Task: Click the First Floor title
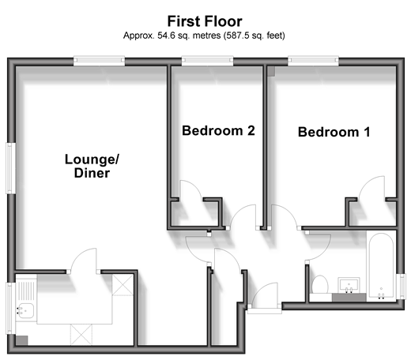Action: click(205, 21)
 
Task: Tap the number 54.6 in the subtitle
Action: click(166, 36)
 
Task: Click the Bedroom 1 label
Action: click(334, 132)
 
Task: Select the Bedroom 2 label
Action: click(218, 131)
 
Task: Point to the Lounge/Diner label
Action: click(92, 166)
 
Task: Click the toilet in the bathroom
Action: click(320, 285)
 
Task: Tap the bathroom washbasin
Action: click(349, 285)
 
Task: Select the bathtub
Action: click(382, 266)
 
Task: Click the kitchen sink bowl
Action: click(25, 310)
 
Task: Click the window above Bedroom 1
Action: click(313, 61)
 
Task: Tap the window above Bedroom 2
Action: click(207, 61)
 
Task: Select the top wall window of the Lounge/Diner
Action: click(99, 61)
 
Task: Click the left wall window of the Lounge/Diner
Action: click(10, 168)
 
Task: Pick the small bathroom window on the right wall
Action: click(402, 287)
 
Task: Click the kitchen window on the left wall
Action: click(10, 309)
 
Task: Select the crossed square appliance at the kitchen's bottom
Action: click(81, 335)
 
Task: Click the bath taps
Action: click(381, 294)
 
